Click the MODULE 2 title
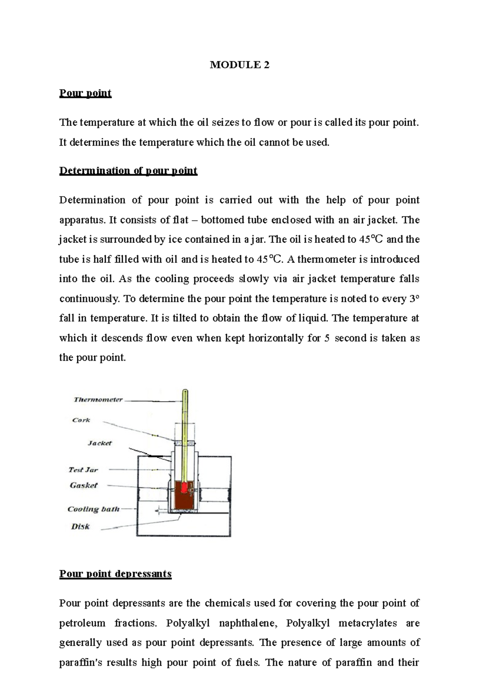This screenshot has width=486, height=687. tap(239, 65)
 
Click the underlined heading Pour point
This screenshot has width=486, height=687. tap(85, 93)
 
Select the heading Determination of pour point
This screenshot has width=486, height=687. tap(128, 170)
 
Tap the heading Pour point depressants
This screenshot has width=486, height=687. tap(115, 574)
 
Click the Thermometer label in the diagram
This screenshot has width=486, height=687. tap(98, 400)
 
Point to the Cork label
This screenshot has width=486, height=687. tap(81, 420)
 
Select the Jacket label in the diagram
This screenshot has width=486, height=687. tap(100, 443)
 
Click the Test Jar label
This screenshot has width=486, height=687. tap(83, 470)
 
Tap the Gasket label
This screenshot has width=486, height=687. tap(83, 486)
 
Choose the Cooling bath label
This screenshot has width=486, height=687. tap(93, 509)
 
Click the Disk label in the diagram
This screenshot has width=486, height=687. tap(80, 527)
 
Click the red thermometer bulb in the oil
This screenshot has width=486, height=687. tap(185, 488)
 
